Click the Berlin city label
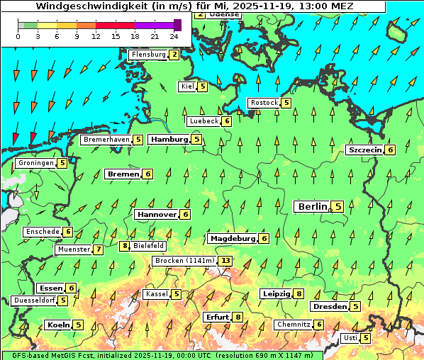pyautogui.click(x=312, y=207)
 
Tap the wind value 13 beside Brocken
pyautogui.click(x=225, y=261)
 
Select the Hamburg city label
pyautogui.click(x=169, y=140)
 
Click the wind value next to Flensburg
pyautogui.click(x=174, y=55)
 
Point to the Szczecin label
pyautogui.click(x=364, y=150)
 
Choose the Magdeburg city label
pyautogui.click(x=232, y=239)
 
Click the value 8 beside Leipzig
pyautogui.click(x=299, y=294)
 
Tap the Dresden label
pyautogui.click(x=329, y=307)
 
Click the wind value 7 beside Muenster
pyautogui.click(x=99, y=249)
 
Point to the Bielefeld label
pyautogui.click(x=149, y=246)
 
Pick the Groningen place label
pyautogui.click(x=35, y=163)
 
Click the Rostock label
pyautogui.click(x=264, y=103)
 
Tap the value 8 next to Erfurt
pyautogui.click(x=238, y=317)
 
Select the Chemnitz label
pyautogui.click(x=293, y=325)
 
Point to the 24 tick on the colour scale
pyautogui.click(x=174, y=36)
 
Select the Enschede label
pyautogui.click(x=42, y=232)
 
